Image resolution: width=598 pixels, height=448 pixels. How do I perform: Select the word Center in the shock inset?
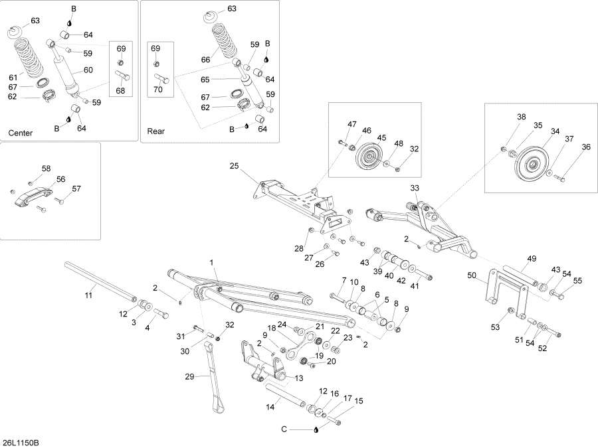coord(20,133)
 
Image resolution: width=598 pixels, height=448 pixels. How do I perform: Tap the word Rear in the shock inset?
coord(155,131)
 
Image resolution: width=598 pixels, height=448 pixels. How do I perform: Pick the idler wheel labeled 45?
coord(367,159)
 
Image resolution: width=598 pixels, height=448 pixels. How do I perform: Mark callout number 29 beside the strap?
coord(189,377)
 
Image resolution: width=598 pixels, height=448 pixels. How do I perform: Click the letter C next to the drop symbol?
coord(284,429)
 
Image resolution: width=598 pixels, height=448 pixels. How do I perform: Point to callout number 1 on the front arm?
coord(213,263)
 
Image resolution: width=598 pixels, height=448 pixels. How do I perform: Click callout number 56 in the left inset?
coord(60,179)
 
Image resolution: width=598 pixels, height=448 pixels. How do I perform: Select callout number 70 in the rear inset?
coord(157,89)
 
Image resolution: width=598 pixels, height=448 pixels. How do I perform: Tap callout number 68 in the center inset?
coord(120,90)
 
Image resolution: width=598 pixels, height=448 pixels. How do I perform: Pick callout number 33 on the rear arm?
coord(415,188)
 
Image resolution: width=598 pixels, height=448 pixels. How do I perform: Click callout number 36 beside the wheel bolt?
coord(567,147)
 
